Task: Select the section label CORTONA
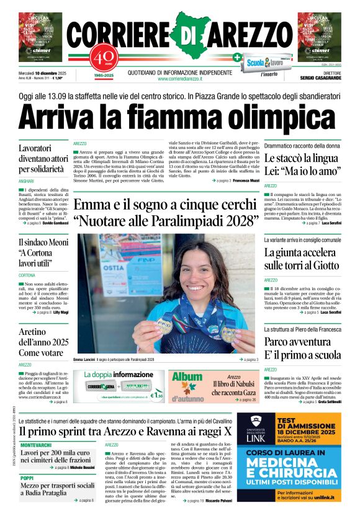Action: pyautogui.click(x=27, y=275)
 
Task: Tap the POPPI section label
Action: pyautogui.click(x=27, y=478)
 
